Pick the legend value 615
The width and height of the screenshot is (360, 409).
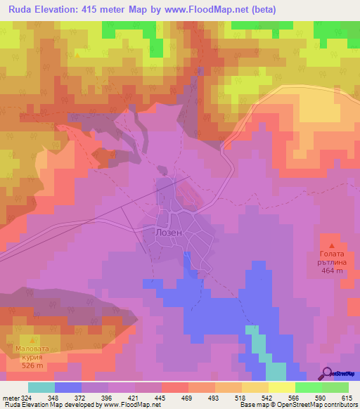[347, 398]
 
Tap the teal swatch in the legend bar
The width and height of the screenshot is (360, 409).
[41, 387]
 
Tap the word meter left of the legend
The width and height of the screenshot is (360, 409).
[12, 398]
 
